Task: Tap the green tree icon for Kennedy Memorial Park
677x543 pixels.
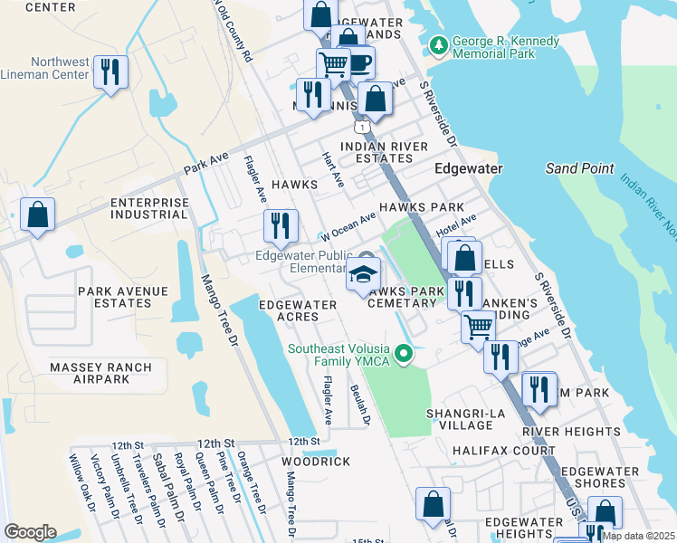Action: [439, 43]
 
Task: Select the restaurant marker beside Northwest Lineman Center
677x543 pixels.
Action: [110, 72]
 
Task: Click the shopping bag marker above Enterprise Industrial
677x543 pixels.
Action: [37, 215]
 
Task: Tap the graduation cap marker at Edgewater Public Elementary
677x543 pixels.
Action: [363, 275]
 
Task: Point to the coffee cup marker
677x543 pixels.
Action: [358, 63]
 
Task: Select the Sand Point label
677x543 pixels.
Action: [580, 168]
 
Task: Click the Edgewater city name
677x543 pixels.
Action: [468, 168]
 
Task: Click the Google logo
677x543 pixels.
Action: [30, 532]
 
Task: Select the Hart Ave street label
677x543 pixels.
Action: [333, 169]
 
